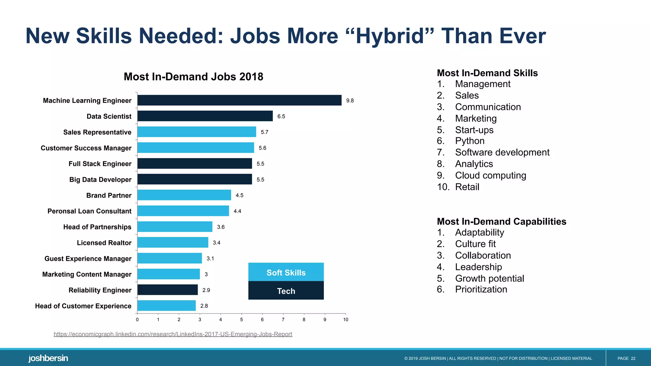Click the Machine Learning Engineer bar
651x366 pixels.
[x=239, y=100]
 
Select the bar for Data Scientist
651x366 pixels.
[x=205, y=116]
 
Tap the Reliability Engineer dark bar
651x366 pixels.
[x=168, y=290]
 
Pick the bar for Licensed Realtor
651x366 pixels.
[x=173, y=242]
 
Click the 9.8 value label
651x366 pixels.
[x=350, y=101]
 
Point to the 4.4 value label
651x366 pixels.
[x=237, y=211]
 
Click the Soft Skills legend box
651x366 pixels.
[x=286, y=272]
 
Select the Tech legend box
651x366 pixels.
[x=286, y=291]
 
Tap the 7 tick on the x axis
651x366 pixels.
[x=283, y=320]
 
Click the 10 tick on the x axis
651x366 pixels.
[x=346, y=320]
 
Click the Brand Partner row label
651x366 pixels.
[x=109, y=195]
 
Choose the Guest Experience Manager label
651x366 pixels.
[x=88, y=259]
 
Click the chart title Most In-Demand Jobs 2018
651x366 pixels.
[x=193, y=77]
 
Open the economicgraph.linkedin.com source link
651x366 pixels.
[x=173, y=334]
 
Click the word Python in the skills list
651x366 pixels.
[x=469, y=141]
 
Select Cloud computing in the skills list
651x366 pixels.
[x=490, y=175]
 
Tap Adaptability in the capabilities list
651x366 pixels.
[x=479, y=233]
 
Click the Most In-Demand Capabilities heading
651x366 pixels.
[x=501, y=221]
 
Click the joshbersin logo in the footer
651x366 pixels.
[x=48, y=358]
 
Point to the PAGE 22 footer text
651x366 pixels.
[x=626, y=358]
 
